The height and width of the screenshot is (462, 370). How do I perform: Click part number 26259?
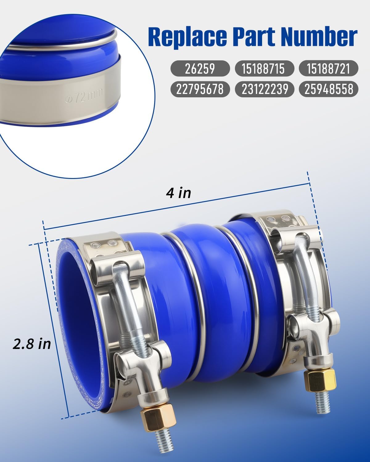[x=200, y=69]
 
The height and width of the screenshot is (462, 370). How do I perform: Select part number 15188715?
[x=264, y=69]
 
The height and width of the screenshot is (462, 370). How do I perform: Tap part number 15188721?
[x=328, y=69]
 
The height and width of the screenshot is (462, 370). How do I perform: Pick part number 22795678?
[x=200, y=89]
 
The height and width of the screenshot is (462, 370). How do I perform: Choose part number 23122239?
[x=264, y=89]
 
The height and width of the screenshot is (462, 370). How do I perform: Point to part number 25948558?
[x=328, y=89]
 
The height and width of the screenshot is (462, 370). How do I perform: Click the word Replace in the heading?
[x=187, y=37]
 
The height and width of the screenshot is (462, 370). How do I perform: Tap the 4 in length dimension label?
[x=179, y=193]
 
